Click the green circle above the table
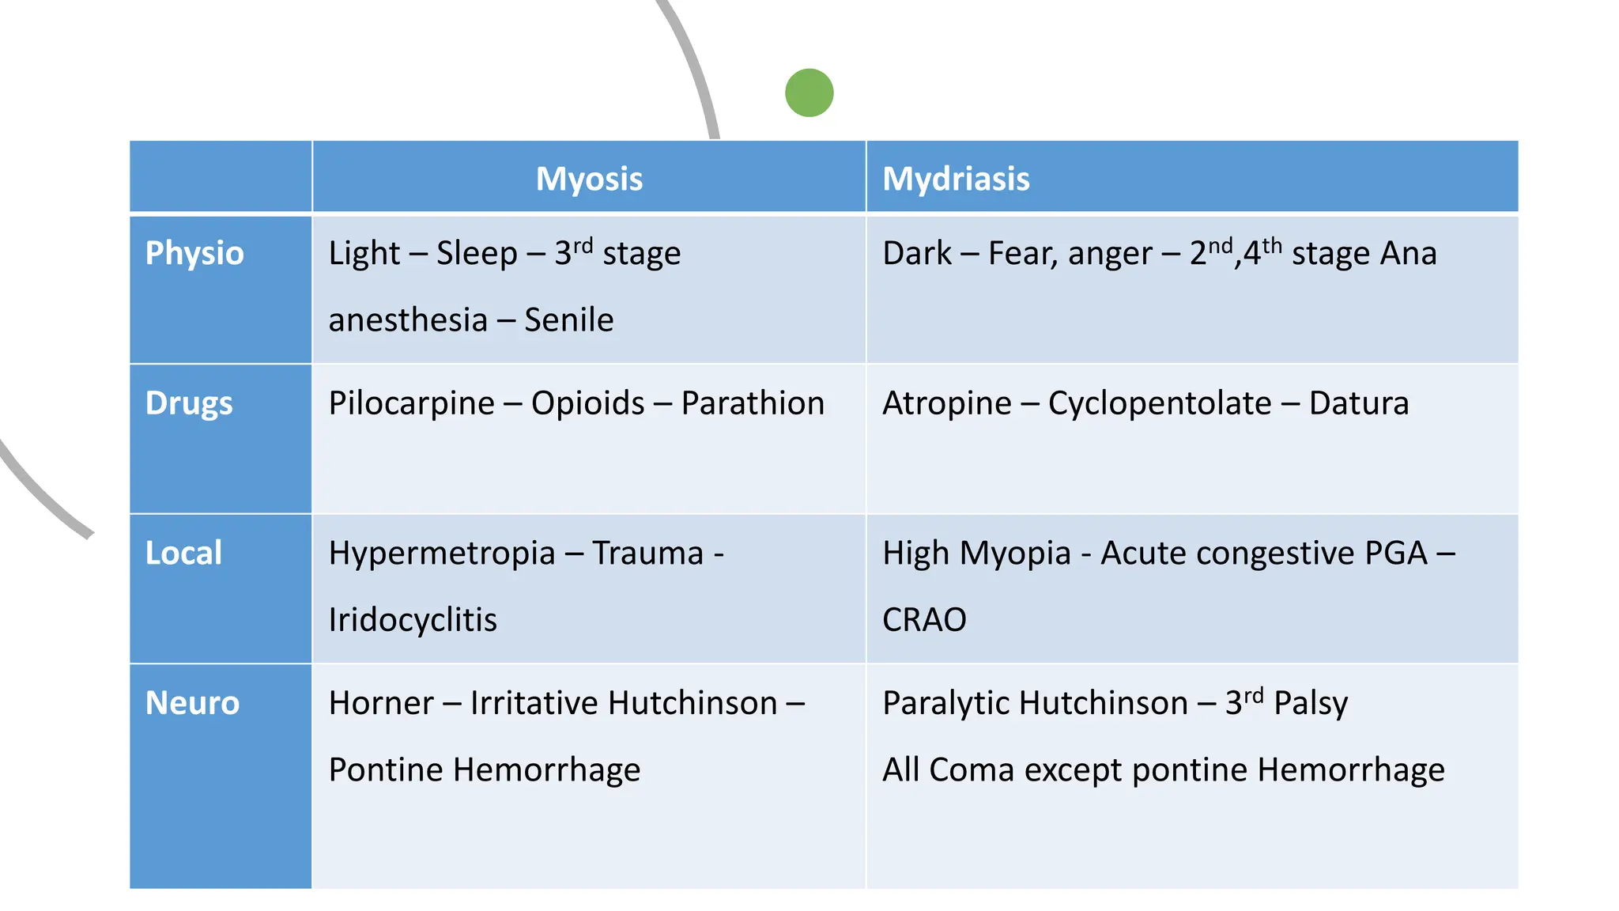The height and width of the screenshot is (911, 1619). pyautogui.click(x=809, y=93)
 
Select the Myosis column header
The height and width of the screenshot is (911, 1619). pyautogui.click(x=589, y=179)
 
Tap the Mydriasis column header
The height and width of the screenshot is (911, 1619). pyautogui.click(x=956, y=179)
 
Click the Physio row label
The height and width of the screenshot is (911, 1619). pyautogui.click(x=194, y=253)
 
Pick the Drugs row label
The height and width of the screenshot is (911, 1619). pyautogui.click(x=189, y=403)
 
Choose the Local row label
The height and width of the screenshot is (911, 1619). pyautogui.click(x=183, y=553)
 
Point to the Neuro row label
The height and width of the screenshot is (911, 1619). pyautogui.click(x=192, y=703)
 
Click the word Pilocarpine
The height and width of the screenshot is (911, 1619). pyautogui.click(x=411, y=403)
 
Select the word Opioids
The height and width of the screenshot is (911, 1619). pyautogui.click(x=587, y=403)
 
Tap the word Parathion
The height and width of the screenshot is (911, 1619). pyautogui.click(x=753, y=403)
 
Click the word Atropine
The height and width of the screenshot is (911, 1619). pyautogui.click(x=946, y=403)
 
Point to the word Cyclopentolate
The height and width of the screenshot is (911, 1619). pyautogui.click(x=1160, y=403)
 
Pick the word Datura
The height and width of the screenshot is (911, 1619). pyautogui.click(x=1358, y=403)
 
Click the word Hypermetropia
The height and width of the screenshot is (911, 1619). pyautogui.click(x=442, y=554)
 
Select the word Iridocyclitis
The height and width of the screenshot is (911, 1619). pyautogui.click(x=413, y=620)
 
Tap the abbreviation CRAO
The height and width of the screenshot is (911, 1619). pyautogui.click(x=924, y=620)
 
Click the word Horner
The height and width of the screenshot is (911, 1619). pyautogui.click(x=381, y=703)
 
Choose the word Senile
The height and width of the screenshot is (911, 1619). pyautogui.click(x=568, y=320)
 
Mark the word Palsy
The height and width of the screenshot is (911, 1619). pyautogui.click(x=1311, y=703)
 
